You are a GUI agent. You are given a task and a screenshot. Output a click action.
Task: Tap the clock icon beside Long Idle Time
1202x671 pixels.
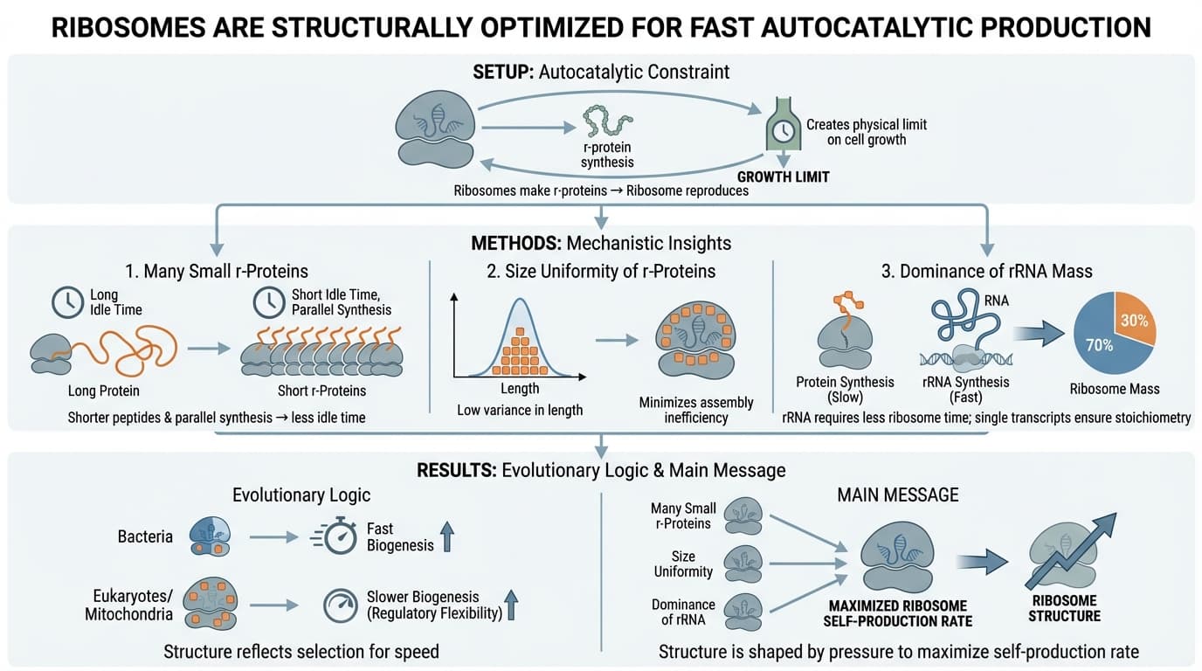(x=66, y=302)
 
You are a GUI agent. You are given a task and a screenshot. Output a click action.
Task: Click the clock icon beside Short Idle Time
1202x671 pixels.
(x=268, y=302)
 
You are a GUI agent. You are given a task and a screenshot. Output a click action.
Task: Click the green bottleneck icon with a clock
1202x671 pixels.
(x=783, y=130)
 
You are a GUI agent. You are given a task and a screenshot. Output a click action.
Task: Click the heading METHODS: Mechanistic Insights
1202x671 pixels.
(x=601, y=243)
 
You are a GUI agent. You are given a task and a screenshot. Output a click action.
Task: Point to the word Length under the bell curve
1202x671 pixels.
(x=520, y=388)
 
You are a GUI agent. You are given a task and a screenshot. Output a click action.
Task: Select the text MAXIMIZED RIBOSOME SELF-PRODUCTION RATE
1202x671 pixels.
(x=897, y=613)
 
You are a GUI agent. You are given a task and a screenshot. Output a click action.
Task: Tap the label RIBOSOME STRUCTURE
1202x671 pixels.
(x=1066, y=608)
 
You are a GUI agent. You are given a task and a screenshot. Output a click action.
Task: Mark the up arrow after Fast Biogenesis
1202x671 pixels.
(x=447, y=536)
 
